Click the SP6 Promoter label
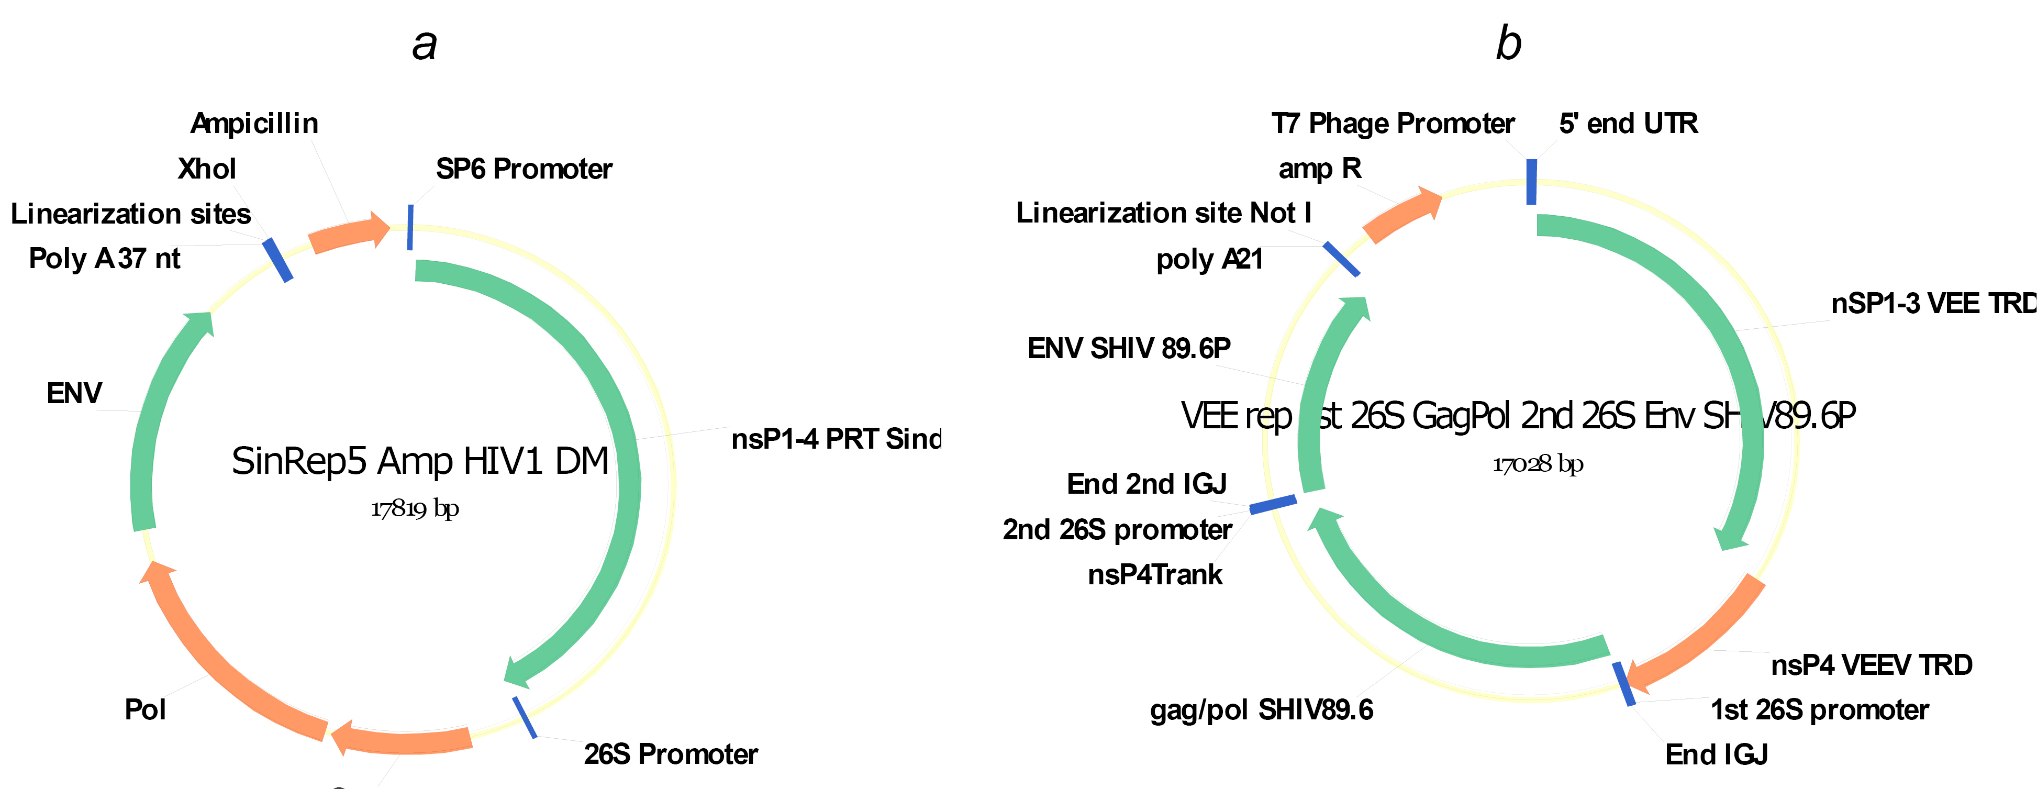click(524, 169)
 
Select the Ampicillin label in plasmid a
click(254, 124)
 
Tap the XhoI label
click(206, 169)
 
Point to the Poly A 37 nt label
click(104, 259)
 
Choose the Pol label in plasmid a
click(146, 709)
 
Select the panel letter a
click(425, 45)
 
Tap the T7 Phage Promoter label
click(1393, 124)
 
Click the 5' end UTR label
click(1628, 124)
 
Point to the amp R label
click(1320, 169)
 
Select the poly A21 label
click(1209, 259)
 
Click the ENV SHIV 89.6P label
click(1128, 348)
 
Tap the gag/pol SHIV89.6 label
click(1261, 710)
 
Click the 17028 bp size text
click(1537, 464)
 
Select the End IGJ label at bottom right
click(1716, 755)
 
